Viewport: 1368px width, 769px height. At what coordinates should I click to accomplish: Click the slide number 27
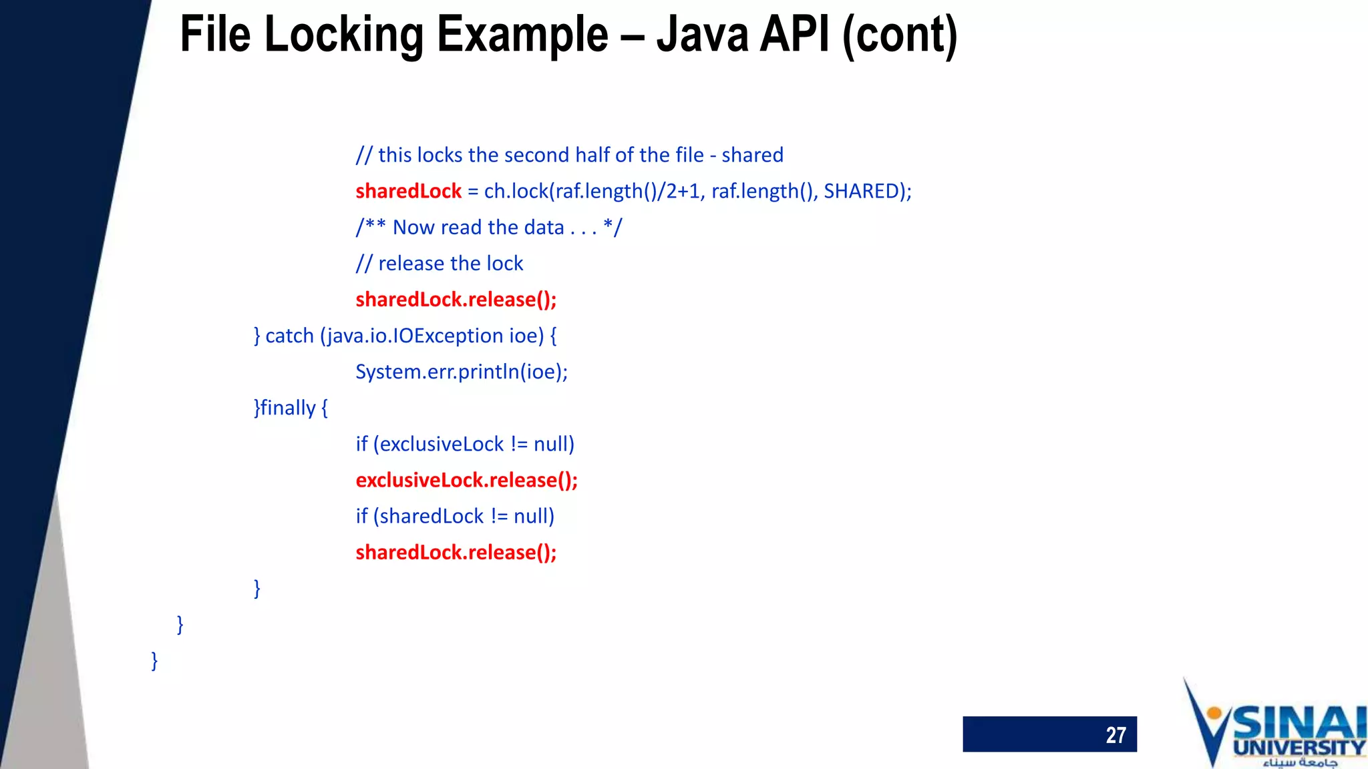tap(1115, 735)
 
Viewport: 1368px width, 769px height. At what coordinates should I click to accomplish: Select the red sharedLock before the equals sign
tap(408, 192)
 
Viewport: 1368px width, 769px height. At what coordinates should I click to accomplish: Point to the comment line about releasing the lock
tap(440, 264)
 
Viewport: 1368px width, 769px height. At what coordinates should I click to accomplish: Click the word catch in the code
tap(289, 336)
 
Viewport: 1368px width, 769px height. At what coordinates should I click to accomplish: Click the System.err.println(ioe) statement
tap(461, 372)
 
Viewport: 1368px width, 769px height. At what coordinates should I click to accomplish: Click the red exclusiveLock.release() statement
tap(466, 481)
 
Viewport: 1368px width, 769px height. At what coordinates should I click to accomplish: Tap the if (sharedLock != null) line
tap(455, 517)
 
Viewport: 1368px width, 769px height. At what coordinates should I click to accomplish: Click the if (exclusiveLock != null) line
tap(465, 445)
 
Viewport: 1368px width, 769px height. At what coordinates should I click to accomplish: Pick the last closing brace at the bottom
tap(154, 661)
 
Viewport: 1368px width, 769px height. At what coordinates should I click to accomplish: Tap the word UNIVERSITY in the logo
tap(1299, 747)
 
